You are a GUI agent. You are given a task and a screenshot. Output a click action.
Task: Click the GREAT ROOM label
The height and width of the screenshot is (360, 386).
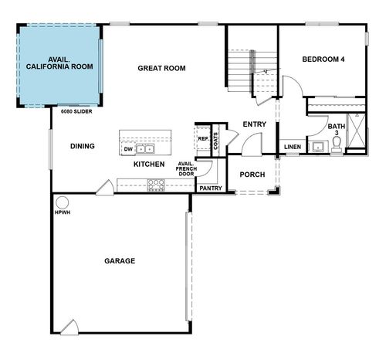point(162,68)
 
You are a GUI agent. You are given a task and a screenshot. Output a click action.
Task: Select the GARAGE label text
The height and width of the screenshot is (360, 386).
point(120,261)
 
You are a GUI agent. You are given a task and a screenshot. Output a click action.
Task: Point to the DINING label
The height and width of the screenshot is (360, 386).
point(83,147)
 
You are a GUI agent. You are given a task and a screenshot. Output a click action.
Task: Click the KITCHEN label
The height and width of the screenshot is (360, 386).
point(148,165)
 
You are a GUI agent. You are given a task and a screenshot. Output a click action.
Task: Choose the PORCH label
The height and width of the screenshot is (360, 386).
point(252,175)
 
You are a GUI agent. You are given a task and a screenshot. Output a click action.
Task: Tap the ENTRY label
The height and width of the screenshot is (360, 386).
point(254,124)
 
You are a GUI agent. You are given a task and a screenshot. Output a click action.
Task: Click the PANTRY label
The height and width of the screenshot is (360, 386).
point(211,188)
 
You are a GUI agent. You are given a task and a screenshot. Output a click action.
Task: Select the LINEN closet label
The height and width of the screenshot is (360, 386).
point(292,147)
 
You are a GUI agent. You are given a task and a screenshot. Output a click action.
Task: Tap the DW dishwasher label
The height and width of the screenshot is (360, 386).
point(127,148)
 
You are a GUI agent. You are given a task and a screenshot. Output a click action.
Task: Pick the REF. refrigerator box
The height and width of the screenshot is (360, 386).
point(203,140)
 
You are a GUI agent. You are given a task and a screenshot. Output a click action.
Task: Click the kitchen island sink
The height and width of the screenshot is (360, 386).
point(144,148)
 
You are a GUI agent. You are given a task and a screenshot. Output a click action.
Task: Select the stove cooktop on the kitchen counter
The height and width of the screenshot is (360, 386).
point(156,184)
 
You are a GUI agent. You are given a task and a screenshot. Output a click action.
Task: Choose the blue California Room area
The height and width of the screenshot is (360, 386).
point(60,63)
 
